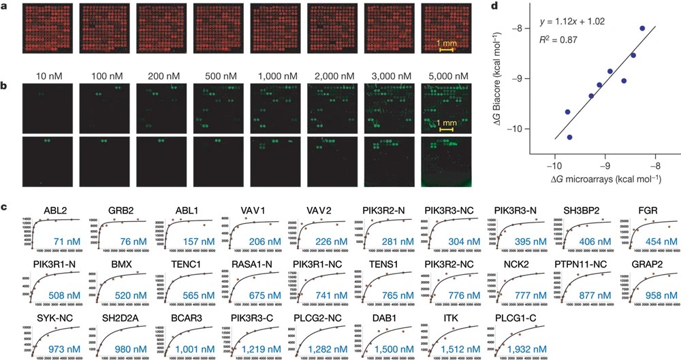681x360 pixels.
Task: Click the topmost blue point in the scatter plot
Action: [643, 29]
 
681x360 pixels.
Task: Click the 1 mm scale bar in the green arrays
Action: [446, 129]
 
